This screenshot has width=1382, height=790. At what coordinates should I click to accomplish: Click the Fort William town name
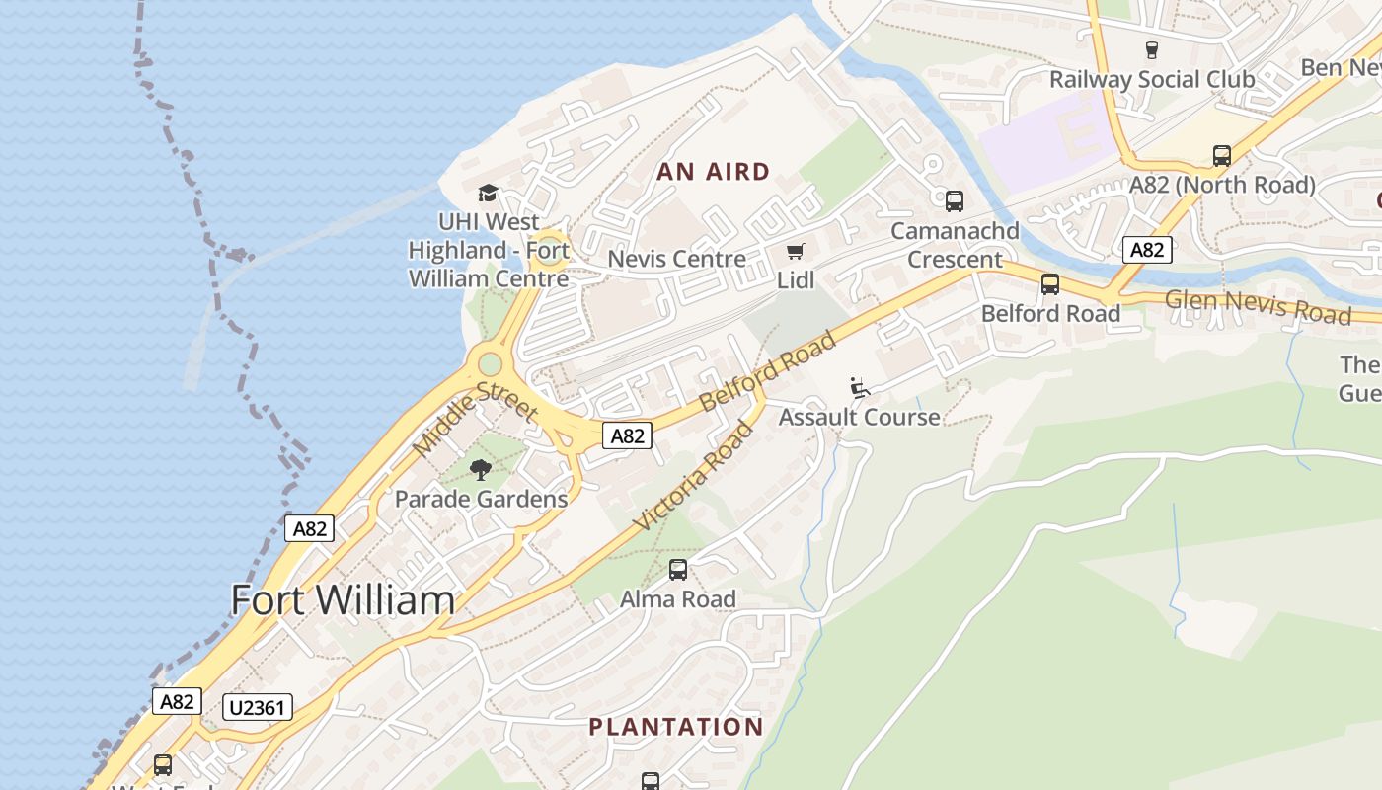[x=343, y=599]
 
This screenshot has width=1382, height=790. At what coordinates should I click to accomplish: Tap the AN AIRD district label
[x=713, y=172]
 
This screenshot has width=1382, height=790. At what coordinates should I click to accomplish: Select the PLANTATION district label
[x=676, y=727]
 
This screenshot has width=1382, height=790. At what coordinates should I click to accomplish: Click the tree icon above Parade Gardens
[x=481, y=470]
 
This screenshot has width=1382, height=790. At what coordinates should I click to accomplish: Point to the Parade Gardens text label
[x=481, y=499]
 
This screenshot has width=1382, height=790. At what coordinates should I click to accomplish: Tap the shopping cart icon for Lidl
[x=796, y=252]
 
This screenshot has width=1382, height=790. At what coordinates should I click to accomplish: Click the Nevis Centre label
[x=676, y=259]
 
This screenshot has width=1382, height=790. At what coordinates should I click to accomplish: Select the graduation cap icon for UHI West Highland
[x=488, y=193]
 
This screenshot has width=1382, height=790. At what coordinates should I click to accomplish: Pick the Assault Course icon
[x=860, y=388]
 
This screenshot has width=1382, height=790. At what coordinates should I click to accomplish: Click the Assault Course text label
[x=859, y=417]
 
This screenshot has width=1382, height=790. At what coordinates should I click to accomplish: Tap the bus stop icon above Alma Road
[x=678, y=570]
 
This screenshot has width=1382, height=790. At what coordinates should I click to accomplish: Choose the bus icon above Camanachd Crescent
[x=955, y=201]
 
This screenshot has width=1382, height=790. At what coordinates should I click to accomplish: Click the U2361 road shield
[x=259, y=707]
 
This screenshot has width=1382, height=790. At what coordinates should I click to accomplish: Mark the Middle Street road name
[x=474, y=419]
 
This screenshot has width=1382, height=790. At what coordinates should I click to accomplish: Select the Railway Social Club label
[x=1151, y=79]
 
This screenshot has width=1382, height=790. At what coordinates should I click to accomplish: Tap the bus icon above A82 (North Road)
[x=1221, y=156]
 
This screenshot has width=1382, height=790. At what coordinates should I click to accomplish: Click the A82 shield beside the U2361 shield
[x=177, y=702]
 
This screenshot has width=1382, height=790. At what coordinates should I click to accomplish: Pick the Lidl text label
[x=796, y=280]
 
